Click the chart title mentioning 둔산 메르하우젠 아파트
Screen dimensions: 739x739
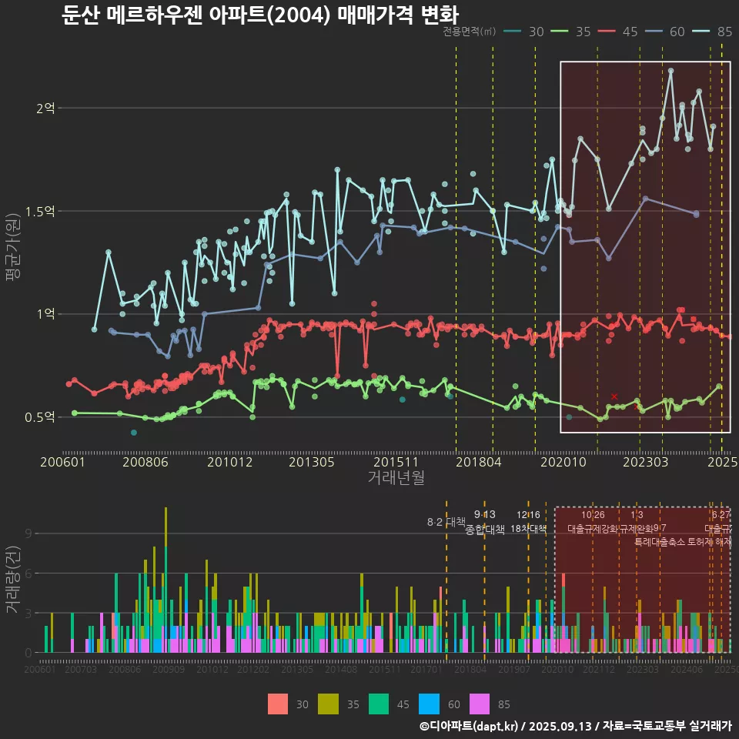pyautogui.click(x=260, y=15)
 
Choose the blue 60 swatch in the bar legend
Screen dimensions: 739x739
pyautogui.click(x=430, y=704)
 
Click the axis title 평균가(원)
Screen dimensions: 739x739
pyautogui.click(x=13, y=262)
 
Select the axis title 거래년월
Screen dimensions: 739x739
pyautogui.click(x=396, y=477)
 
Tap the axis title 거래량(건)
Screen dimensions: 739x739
pyautogui.click(x=13, y=579)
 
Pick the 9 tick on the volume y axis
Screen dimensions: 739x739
pyautogui.click(x=28, y=533)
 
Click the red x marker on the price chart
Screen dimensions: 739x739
pyautogui.click(x=614, y=396)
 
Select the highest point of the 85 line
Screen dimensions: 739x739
pyautogui.click(x=670, y=71)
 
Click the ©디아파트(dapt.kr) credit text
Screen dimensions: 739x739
pyautogui.click(x=469, y=726)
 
